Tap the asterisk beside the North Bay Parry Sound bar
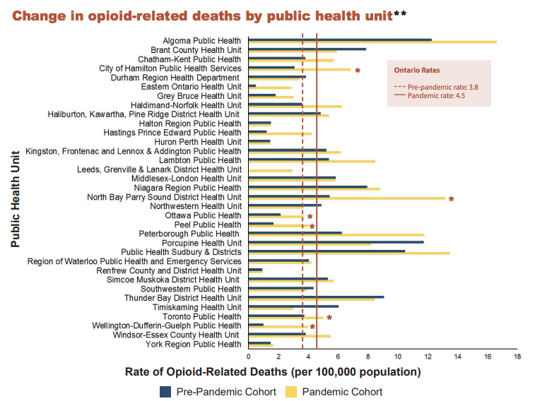(x=451, y=199)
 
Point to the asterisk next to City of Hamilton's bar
(x=358, y=71)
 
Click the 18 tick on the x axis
(x=517, y=357)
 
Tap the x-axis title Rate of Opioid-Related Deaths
(x=273, y=372)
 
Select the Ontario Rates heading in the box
(x=417, y=71)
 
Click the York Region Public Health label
(x=193, y=344)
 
